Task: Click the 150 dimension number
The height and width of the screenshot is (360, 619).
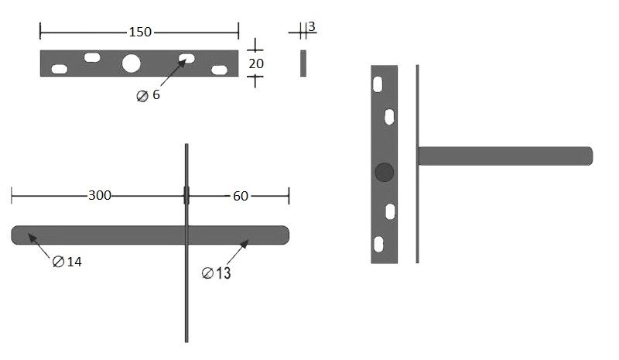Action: [140, 32]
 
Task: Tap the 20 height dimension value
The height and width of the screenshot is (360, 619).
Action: [256, 63]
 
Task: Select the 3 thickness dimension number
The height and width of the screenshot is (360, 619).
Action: [312, 26]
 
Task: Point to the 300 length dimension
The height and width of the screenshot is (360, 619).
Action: [100, 195]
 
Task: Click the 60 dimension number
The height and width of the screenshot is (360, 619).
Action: [241, 196]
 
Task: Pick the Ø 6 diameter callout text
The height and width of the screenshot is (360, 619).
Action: [148, 95]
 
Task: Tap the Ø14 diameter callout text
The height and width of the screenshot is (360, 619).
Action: [67, 262]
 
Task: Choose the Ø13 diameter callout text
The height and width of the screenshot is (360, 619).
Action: [217, 273]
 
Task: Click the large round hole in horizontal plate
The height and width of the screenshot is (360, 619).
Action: [131, 63]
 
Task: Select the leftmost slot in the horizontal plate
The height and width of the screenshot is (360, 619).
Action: [60, 69]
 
